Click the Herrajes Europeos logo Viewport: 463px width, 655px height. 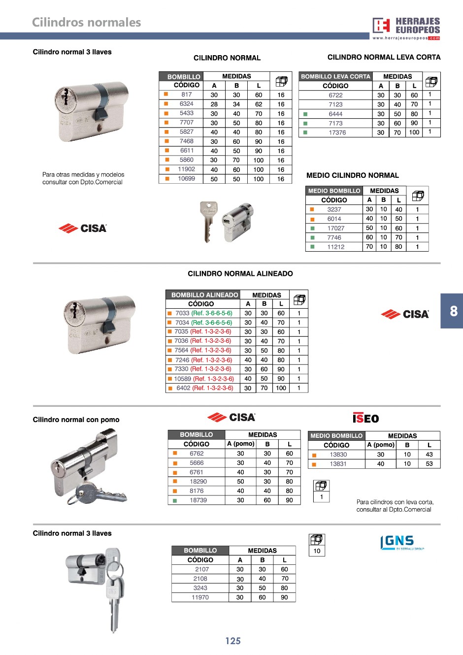[406, 28]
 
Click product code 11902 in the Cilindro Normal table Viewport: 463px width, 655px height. [187, 169]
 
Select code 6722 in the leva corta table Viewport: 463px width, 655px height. [335, 95]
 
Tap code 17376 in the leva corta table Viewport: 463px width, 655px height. [337, 132]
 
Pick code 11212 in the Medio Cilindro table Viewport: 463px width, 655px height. [336, 247]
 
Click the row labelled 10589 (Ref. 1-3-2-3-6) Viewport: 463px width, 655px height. [204, 379]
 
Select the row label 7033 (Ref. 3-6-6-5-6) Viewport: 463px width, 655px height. [204, 313]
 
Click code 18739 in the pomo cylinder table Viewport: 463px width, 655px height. [198, 500]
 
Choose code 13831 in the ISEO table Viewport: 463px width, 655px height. [338, 464]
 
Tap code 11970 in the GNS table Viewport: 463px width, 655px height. [200, 597]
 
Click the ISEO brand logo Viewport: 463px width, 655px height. [365, 418]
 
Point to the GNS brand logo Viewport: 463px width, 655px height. [401, 543]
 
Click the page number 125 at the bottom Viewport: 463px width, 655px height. [233, 641]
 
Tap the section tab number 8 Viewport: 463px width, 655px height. [454, 311]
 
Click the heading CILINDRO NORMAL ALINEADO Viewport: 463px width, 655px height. [240, 274]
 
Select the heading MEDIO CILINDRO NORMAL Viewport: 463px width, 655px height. [353, 175]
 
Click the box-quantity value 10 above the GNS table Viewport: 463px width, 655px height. [317, 551]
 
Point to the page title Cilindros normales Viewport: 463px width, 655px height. [86, 22]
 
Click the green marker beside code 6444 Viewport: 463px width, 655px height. [305, 114]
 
